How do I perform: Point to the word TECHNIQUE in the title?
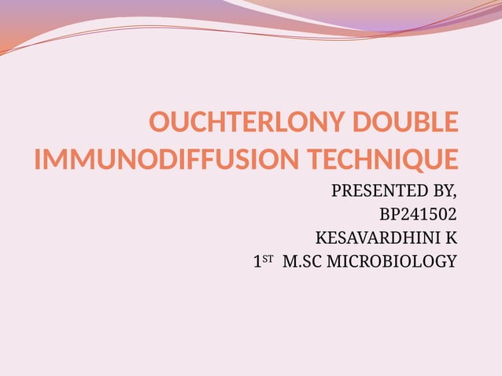click(x=378, y=160)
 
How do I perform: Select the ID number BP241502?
click(x=417, y=214)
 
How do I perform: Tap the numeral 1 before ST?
click(x=257, y=262)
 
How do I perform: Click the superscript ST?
click(x=268, y=258)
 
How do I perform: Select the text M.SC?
click(x=301, y=261)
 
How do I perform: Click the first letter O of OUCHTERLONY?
click(x=159, y=124)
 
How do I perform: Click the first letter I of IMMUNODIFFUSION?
click(x=38, y=160)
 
